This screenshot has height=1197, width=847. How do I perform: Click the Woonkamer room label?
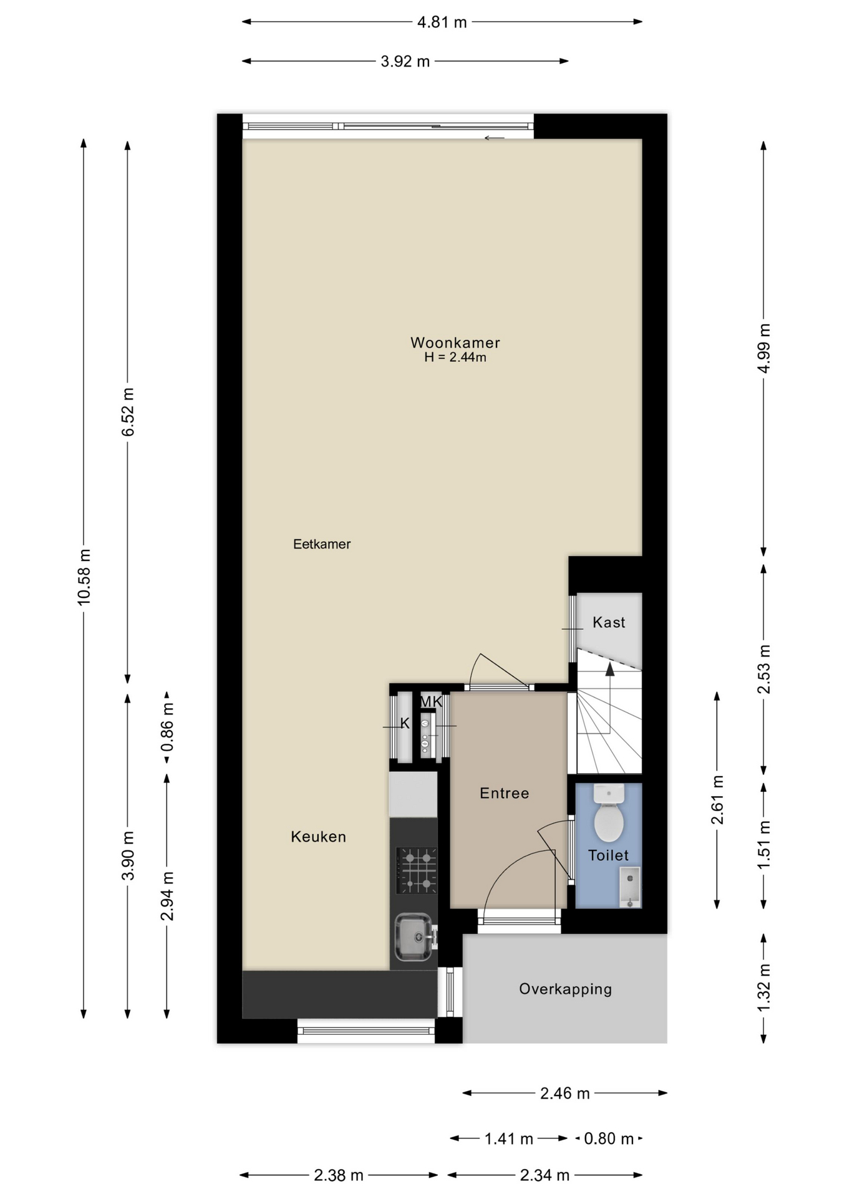[455, 342]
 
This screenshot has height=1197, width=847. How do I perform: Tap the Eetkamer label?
[322, 544]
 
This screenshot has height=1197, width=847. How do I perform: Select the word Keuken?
[318, 837]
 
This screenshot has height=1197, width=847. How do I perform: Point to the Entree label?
[504, 793]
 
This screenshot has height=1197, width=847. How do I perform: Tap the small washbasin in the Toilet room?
[630, 887]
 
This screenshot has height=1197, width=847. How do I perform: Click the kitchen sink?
[413, 936]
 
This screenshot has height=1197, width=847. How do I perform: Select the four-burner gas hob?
[417, 870]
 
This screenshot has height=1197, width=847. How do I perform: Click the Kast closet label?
[609, 622]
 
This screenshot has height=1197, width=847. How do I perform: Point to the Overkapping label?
[565, 989]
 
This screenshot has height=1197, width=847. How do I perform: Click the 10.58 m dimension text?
[84, 577]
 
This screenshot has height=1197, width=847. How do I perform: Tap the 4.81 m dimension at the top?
[442, 22]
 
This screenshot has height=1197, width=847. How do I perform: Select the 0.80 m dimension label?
[609, 1139]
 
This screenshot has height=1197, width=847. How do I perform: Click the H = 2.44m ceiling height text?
[455, 357]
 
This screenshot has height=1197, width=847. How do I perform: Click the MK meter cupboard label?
[431, 701]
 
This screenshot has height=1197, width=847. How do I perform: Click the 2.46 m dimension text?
[565, 1094]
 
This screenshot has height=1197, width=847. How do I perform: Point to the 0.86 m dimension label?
[167, 728]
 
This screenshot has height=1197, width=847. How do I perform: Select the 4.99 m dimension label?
[764, 348]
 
